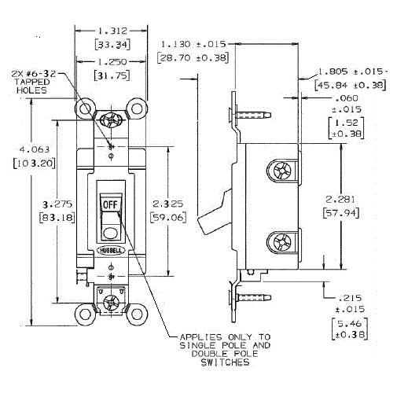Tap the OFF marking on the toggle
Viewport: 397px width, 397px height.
click(x=109, y=203)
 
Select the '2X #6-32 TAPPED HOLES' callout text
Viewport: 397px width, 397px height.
click(x=32, y=80)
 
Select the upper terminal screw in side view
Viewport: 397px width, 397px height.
click(x=281, y=171)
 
